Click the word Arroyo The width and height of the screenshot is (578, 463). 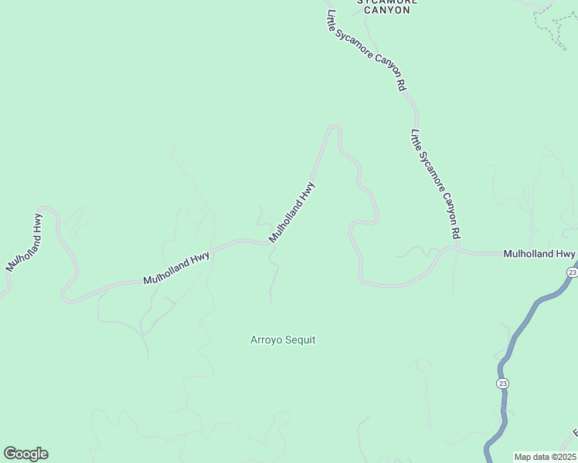267,340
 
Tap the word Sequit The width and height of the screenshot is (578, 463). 300,340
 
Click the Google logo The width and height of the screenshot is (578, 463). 25,454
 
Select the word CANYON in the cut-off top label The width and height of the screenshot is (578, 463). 387,10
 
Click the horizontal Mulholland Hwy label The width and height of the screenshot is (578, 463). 539,253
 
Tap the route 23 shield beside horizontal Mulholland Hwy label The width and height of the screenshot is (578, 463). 572,272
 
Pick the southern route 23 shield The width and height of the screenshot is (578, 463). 503,383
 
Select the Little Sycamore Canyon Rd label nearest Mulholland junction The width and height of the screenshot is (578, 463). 436,183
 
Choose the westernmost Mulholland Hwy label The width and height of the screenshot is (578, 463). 24,242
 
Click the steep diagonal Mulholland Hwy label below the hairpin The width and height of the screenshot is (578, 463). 292,212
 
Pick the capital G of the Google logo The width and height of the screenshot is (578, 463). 10,454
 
